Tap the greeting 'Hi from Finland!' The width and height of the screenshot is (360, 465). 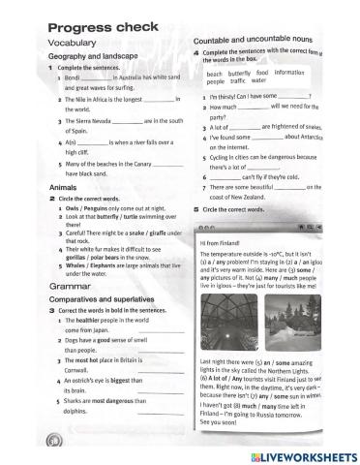click(222, 242)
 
